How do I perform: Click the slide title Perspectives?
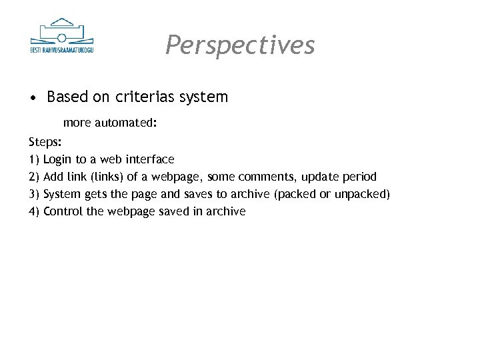[240, 45]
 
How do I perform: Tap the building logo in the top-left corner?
[62, 32]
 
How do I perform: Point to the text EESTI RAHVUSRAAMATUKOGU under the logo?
[62, 49]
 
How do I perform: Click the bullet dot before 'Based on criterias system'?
[33, 98]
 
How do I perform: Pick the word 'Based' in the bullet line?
[67, 97]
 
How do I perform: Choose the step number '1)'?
[34, 159]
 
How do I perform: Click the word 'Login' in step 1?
[57, 159]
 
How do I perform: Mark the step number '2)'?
[34, 177]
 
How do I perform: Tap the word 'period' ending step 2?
[360, 177]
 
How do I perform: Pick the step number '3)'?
[34, 194]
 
